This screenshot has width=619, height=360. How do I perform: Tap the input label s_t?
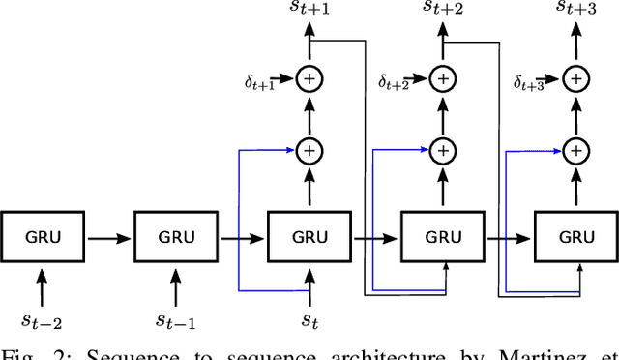click(309, 316)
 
